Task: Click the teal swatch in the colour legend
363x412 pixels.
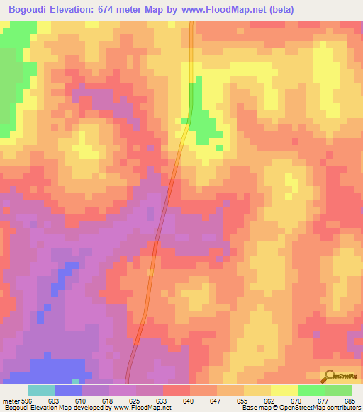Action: click(42, 390)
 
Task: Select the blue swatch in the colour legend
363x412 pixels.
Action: click(69, 390)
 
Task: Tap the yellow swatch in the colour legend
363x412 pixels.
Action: click(284, 390)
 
